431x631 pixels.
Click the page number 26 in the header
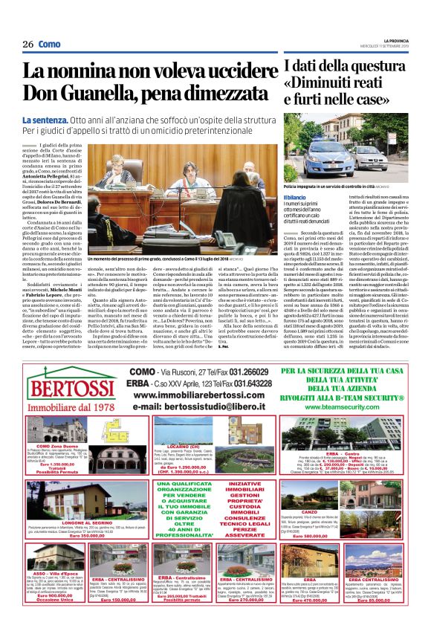coord(27,44)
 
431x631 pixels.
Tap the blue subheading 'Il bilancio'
coord(295,196)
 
